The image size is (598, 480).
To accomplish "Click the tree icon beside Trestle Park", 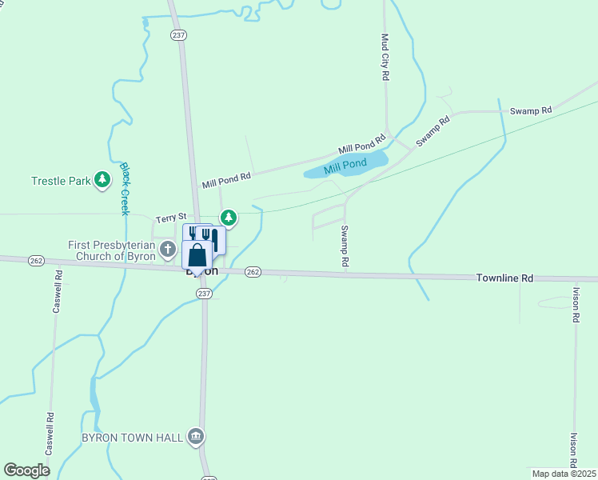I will (102, 180).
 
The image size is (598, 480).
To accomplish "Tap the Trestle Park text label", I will (62, 181).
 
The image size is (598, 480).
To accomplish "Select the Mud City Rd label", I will (385, 56).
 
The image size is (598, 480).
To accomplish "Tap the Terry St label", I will (170, 217).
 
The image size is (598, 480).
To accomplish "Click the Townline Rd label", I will (504, 278).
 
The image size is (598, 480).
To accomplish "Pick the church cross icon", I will (168, 250).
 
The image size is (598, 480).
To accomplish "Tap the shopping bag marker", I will (197, 256).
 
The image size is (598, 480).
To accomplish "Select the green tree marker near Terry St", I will (229, 217).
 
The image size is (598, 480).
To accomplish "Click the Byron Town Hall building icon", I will (195, 436).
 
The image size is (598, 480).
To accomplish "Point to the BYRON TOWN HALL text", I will (133, 438).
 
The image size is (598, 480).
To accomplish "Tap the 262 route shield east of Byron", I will (253, 272).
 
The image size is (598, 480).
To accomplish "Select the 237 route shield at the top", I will (177, 34).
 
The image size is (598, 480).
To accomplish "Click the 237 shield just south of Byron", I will (204, 294).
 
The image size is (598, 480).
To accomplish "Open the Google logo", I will (26, 470).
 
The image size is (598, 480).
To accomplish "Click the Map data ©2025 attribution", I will (564, 474).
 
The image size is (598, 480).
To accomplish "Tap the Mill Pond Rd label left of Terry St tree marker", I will (226, 179).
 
